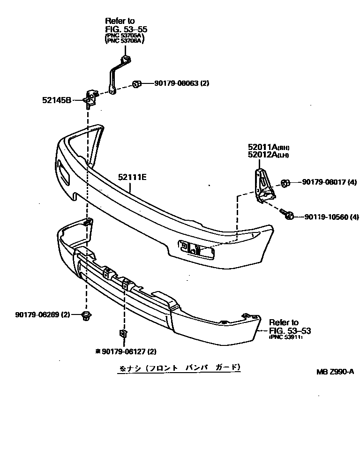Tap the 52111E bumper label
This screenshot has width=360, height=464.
tap(132, 177)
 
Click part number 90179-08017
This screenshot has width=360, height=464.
tap(323, 182)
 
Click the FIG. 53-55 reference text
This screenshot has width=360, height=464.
tap(120, 28)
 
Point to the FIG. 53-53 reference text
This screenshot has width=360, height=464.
tap(290, 330)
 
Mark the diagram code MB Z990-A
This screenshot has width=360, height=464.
tap(334, 372)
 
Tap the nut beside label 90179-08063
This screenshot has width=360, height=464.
tap(136, 84)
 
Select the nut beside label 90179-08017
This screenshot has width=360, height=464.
tap(285, 182)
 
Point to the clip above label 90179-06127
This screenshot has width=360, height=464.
tap(122, 334)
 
